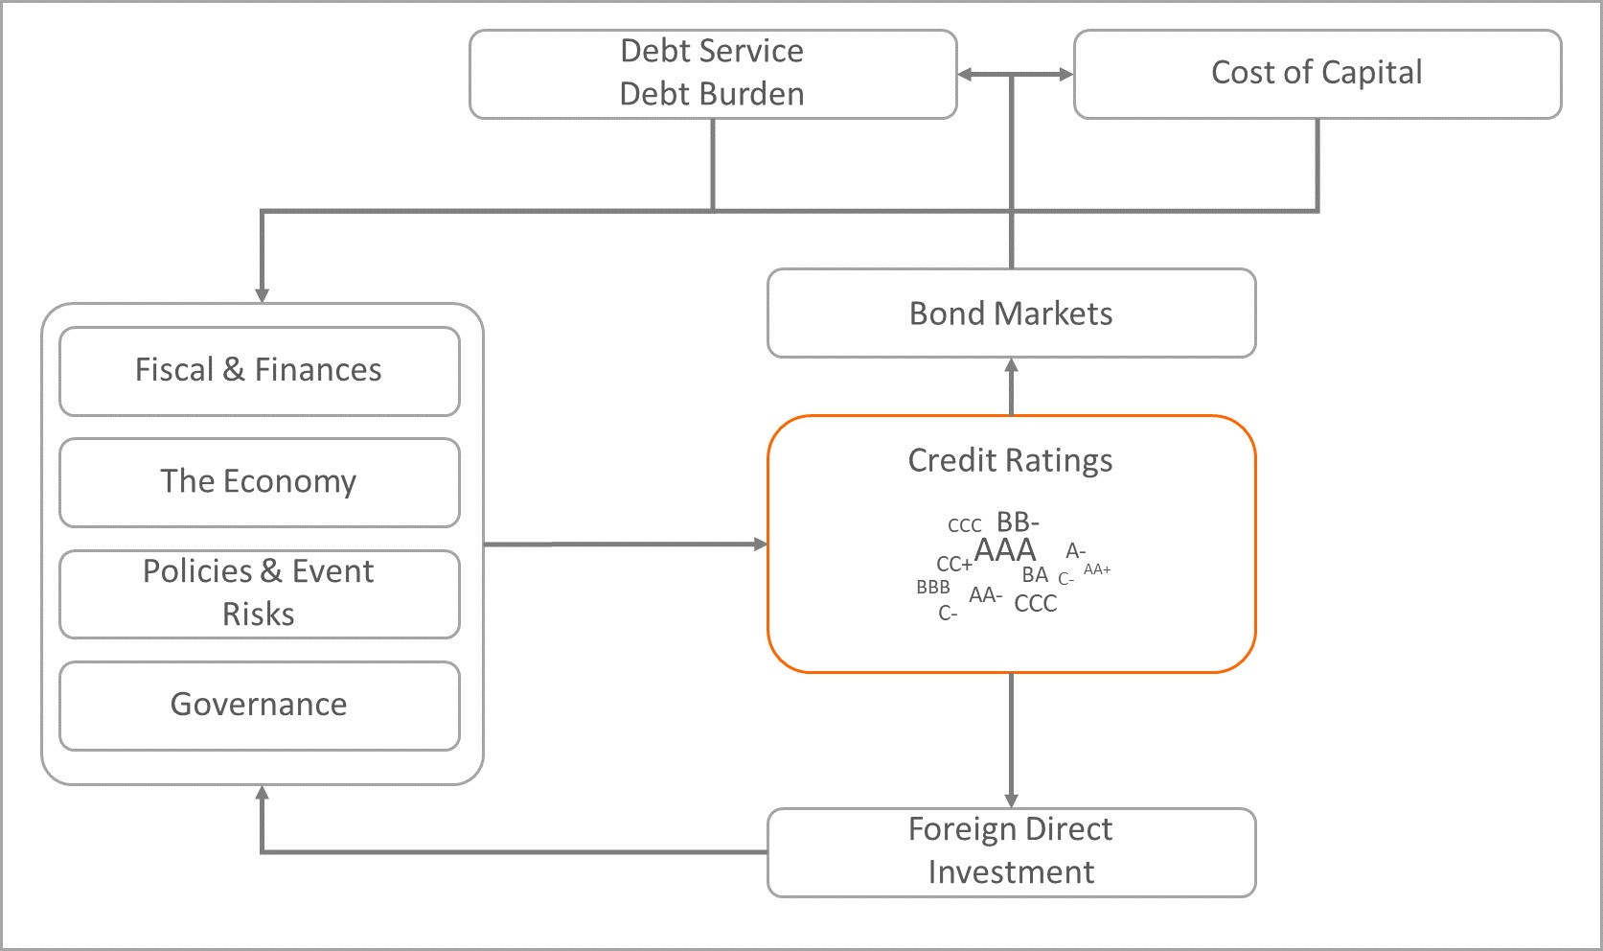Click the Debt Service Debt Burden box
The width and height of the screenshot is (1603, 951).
(712, 73)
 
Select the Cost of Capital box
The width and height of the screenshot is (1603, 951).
(1317, 73)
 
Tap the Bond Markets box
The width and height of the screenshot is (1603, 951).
(1011, 313)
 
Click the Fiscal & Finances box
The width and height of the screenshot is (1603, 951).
(259, 370)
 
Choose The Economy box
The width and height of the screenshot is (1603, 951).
(259, 481)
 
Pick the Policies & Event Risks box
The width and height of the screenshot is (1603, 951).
(259, 592)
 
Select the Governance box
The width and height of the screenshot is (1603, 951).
(259, 705)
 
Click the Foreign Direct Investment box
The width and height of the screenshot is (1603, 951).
(1011, 851)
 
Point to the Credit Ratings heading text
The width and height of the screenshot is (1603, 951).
(1010, 460)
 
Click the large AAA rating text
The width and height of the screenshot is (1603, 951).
(1005, 550)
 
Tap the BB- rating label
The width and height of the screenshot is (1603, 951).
(1018, 522)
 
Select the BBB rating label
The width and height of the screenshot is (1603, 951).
(932, 588)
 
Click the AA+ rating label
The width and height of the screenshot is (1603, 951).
(1097, 569)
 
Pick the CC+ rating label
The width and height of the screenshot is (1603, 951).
(954, 565)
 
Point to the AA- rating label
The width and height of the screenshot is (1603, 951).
(985, 595)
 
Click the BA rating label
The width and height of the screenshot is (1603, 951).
(1035, 575)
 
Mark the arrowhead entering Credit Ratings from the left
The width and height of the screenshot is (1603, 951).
(761, 545)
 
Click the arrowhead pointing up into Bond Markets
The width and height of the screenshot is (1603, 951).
(1011, 365)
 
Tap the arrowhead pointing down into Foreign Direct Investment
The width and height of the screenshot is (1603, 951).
(1011, 800)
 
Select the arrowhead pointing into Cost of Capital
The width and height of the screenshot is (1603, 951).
(1065, 74)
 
